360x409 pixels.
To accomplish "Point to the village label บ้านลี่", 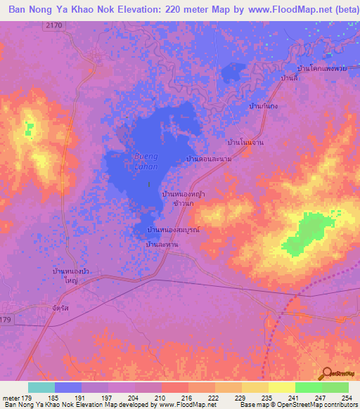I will coord(288,78).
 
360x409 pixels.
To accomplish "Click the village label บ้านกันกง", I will coord(263,105).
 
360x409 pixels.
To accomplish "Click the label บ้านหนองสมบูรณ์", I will coord(173,230).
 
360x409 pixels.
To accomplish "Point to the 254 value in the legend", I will coord(348,398).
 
